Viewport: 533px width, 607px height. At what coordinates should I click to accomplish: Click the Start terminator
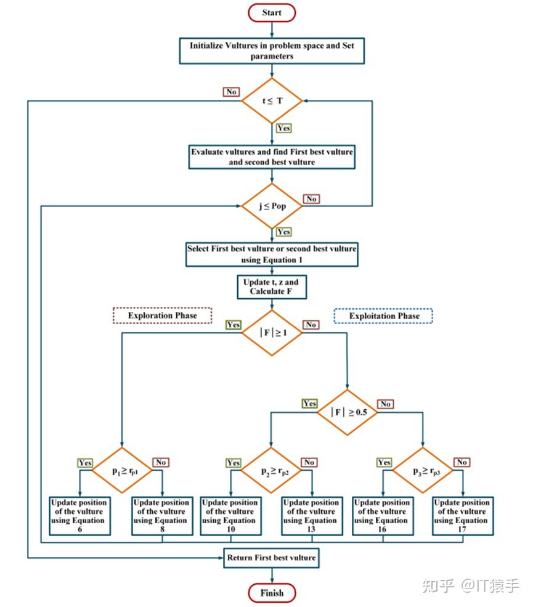click(x=272, y=12)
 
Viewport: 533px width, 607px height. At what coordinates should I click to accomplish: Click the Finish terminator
click(x=272, y=593)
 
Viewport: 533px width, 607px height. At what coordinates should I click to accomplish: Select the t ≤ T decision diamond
click(x=272, y=100)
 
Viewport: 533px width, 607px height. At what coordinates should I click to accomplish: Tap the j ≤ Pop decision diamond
click(x=272, y=206)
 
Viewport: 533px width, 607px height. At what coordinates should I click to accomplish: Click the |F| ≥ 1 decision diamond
click(x=272, y=333)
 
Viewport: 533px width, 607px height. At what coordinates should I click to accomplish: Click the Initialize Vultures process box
click(x=272, y=51)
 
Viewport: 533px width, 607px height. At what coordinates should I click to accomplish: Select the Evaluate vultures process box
click(x=272, y=157)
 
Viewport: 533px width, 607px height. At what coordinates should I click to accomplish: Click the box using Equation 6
click(x=79, y=516)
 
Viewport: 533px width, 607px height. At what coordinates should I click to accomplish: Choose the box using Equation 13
click(x=311, y=516)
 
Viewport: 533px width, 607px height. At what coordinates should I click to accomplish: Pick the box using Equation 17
click(x=462, y=516)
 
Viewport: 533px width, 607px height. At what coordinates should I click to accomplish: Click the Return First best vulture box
click(x=272, y=558)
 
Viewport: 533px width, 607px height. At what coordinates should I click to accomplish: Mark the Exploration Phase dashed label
click(x=162, y=316)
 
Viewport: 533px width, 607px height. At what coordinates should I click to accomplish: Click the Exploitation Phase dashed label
click(x=384, y=316)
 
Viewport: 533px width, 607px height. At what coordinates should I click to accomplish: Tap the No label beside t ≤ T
click(x=231, y=92)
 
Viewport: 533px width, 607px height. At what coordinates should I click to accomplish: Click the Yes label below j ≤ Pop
click(x=284, y=232)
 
